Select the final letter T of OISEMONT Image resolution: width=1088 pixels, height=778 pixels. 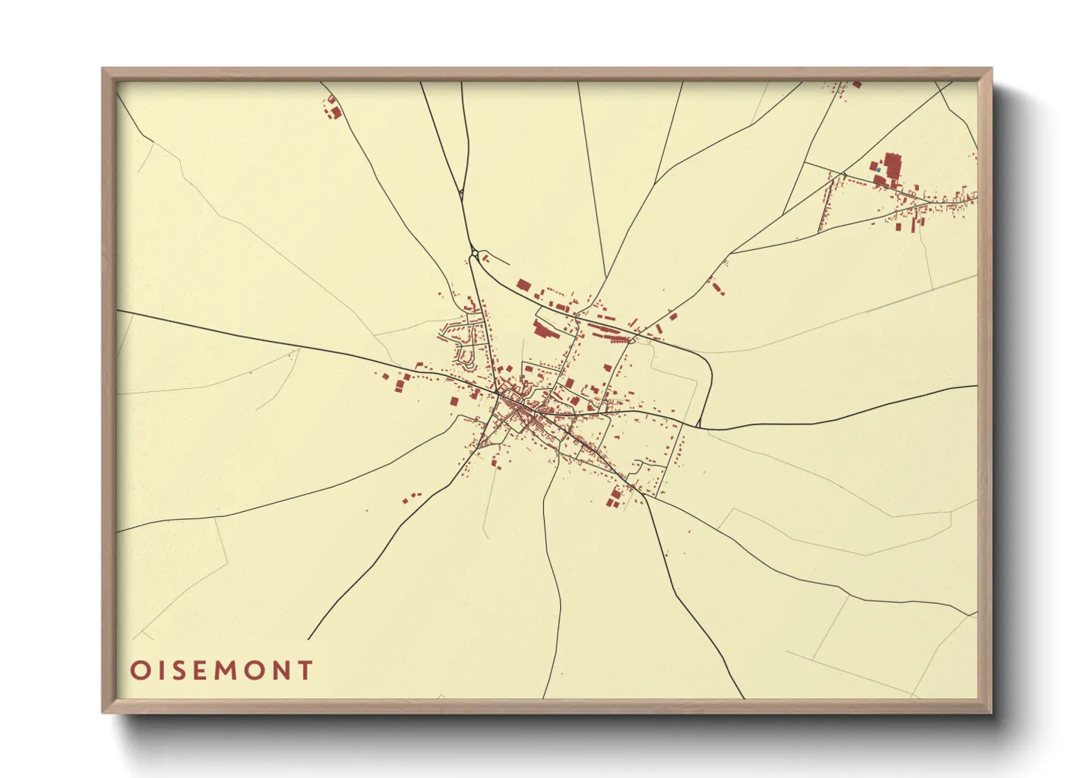coord(304,671)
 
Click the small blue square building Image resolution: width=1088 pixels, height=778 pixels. coord(878,170)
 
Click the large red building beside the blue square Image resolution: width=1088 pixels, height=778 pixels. coord(892,165)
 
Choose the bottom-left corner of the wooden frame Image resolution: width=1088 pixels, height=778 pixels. coord(104,712)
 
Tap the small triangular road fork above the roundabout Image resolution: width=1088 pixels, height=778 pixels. coord(461,194)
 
